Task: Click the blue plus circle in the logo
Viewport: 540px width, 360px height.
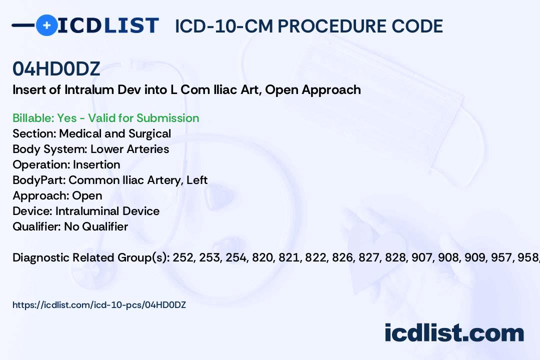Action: click(x=46, y=25)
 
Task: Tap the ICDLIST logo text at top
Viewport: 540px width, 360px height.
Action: click(x=108, y=25)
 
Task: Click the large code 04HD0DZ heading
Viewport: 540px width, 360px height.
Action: click(x=56, y=69)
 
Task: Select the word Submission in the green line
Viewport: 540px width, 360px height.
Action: click(x=168, y=118)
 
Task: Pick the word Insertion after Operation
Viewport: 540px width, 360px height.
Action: click(x=96, y=164)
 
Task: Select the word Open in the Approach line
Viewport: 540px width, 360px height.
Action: click(x=87, y=195)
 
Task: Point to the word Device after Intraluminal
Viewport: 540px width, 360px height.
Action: click(x=142, y=211)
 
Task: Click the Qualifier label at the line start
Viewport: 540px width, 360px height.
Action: click(x=36, y=226)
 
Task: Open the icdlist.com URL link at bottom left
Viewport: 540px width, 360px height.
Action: click(x=99, y=304)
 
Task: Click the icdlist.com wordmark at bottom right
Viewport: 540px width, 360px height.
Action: click(x=454, y=333)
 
